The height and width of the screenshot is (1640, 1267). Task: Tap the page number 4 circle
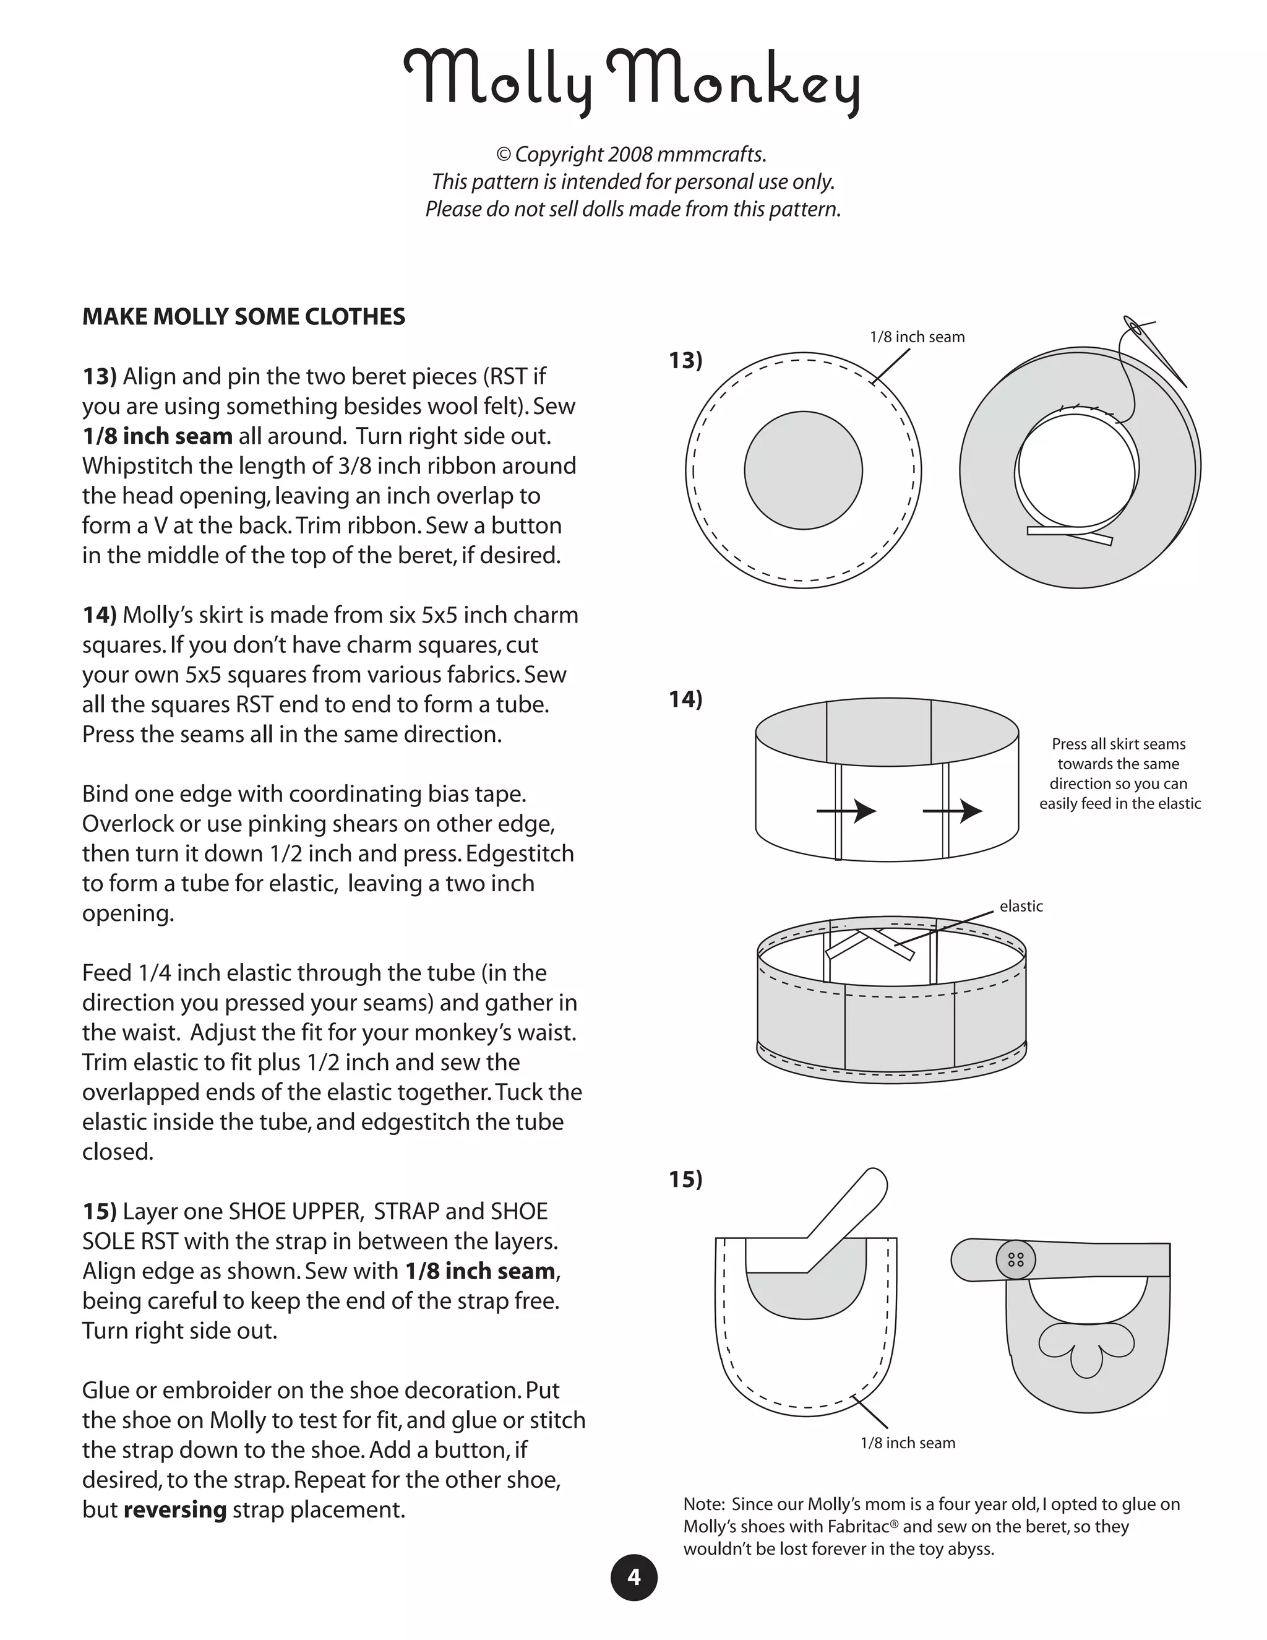pyautogui.click(x=633, y=1577)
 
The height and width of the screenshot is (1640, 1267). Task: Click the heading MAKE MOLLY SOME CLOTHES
pyautogui.click(x=243, y=317)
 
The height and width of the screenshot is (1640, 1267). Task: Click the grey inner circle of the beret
pyautogui.click(x=803, y=471)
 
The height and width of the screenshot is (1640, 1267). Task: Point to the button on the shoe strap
pyautogui.click(x=1016, y=1260)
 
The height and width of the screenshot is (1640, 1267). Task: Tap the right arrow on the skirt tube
pyautogui.click(x=953, y=811)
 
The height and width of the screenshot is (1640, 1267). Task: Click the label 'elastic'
pyautogui.click(x=1021, y=907)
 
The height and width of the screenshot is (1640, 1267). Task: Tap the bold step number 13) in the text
pyautogui.click(x=100, y=376)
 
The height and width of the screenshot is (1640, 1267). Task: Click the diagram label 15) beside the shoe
pyautogui.click(x=685, y=1180)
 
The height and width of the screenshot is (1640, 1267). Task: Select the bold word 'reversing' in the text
pyautogui.click(x=175, y=1510)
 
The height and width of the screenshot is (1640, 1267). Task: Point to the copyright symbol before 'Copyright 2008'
pyautogui.click(x=504, y=155)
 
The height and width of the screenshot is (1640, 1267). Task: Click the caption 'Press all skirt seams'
pyautogui.click(x=1119, y=744)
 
